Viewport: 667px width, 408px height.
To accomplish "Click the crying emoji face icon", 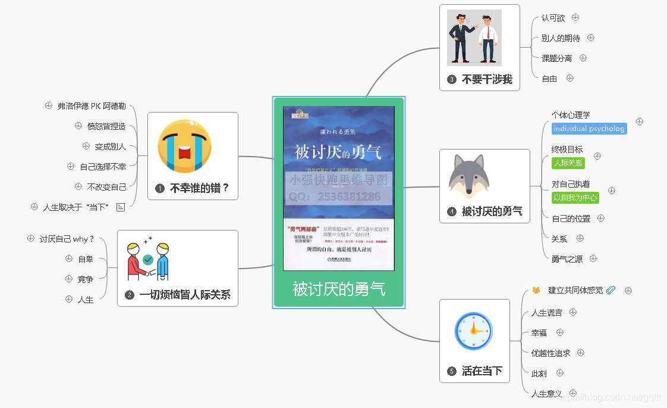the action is tap(184, 147).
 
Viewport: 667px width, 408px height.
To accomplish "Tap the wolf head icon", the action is tap(469, 175).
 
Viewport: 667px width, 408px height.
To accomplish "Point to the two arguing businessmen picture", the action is tap(474, 38).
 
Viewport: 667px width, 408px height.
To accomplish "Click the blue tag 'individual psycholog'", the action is tap(589, 129).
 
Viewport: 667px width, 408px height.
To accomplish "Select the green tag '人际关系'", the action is tap(568, 163).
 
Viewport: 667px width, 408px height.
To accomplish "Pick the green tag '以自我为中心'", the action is tap(575, 197).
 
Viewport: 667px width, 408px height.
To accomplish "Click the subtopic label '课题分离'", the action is tap(556, 58).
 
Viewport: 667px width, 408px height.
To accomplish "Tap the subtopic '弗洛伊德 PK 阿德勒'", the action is tap(92, 106).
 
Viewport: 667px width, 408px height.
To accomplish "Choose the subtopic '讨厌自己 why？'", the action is tap(67, 239).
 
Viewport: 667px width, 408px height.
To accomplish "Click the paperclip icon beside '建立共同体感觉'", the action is tap(611, 290).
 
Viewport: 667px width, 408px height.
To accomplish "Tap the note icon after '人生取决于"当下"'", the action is tap(121, 207).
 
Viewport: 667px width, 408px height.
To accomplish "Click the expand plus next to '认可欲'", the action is tap(575, 17).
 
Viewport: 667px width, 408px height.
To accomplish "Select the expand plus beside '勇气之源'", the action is tap(593, 258).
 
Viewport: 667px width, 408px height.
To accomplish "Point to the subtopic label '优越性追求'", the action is tap(550, 353).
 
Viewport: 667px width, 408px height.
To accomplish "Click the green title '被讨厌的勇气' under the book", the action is tap(338, 289).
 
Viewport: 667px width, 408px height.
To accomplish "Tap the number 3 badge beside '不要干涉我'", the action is tap(452, 79).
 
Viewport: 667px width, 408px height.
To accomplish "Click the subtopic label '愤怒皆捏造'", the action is tap(106, 126).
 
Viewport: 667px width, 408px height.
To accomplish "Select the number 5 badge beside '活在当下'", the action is tap(452, 372).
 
